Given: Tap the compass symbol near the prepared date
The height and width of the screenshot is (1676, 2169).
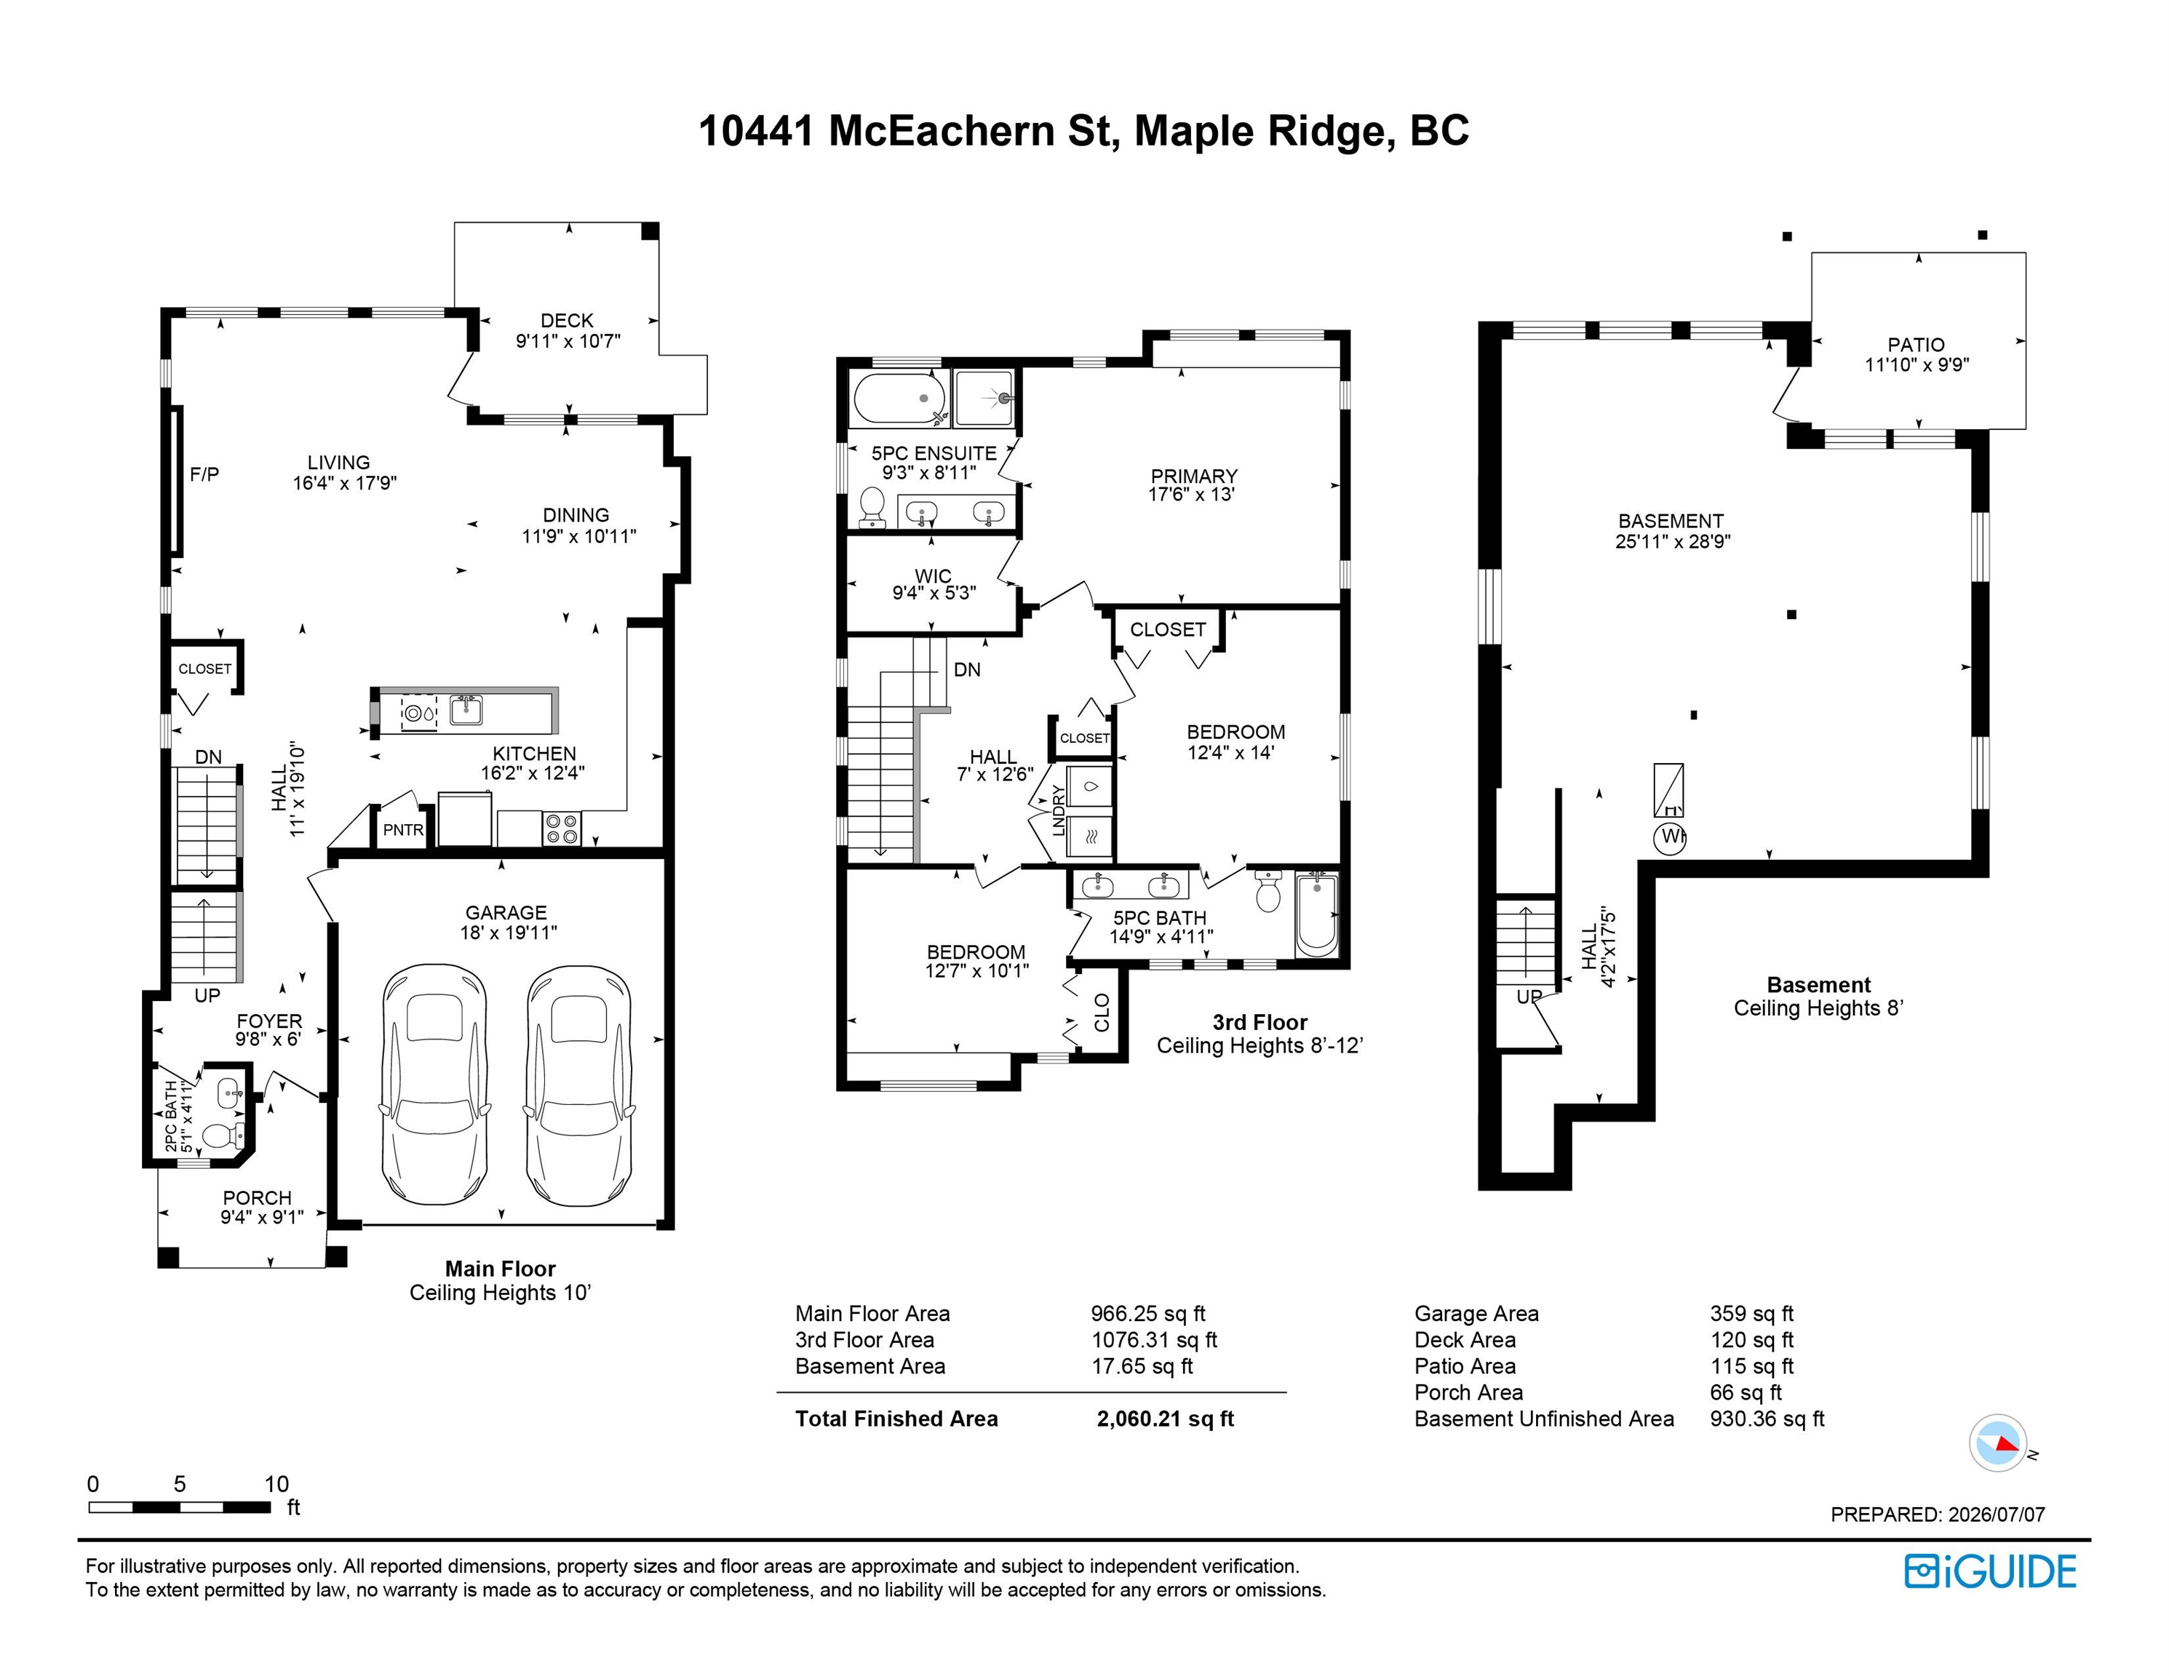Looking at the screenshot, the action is point(1998,1442).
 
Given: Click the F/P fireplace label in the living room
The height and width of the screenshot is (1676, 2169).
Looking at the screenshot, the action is point(204,474).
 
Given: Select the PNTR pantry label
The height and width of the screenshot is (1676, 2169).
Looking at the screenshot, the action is point(403,830).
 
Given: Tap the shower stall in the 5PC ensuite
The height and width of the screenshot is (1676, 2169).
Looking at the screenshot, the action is point(983,398).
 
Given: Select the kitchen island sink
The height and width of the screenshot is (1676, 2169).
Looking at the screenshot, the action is point(466,709).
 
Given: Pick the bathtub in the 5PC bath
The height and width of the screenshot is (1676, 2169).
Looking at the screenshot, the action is point(1317,914).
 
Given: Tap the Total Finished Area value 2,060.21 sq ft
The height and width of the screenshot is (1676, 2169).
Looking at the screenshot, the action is point(1165,1418).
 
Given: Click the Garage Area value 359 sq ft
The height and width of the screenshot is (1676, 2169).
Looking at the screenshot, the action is point(1752,1314).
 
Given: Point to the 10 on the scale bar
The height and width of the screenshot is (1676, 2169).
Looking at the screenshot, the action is point(276,1483).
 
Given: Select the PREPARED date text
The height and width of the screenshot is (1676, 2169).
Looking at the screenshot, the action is point(1938,1515).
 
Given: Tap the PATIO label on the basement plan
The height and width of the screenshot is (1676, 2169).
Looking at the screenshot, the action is point(1916,345).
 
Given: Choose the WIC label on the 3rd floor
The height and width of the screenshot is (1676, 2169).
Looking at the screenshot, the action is point(933,576).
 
